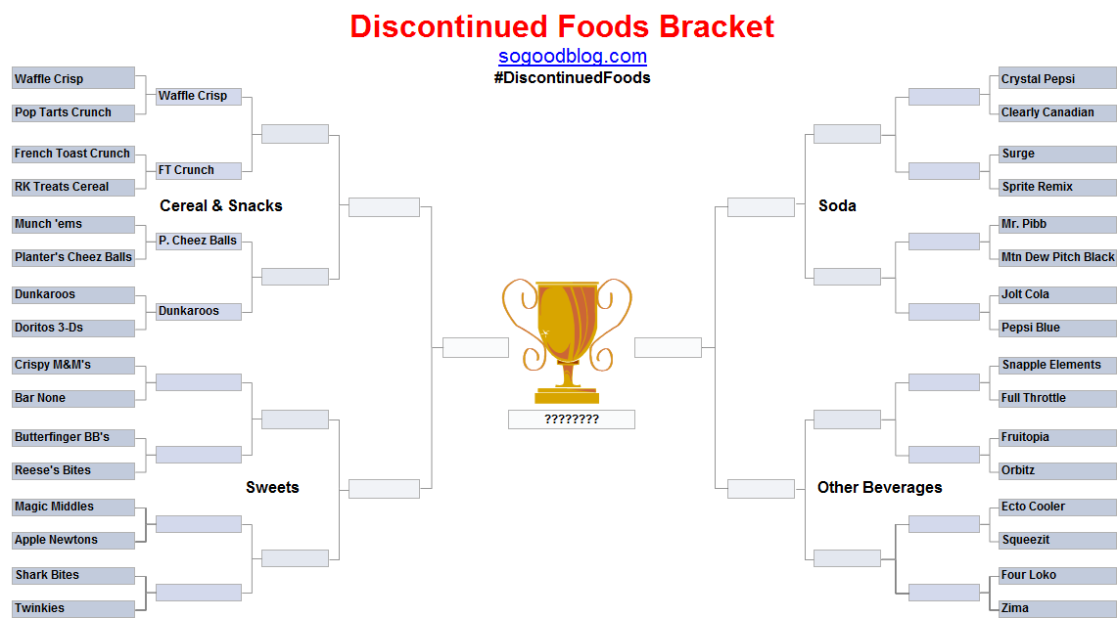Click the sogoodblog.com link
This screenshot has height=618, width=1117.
click(572, 56)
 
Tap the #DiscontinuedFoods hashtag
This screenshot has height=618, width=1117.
click(572, 77)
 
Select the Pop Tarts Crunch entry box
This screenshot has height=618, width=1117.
click(73, 112)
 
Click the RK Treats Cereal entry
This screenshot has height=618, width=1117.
click(73, 187)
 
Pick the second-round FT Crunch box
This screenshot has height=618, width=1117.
click(199, 171)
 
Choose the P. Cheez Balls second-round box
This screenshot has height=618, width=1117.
click(199, 242)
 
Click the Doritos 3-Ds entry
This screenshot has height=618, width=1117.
click(73, 328)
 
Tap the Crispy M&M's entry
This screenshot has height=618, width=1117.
click(73, 365)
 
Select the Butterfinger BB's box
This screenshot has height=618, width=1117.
click(73, 437)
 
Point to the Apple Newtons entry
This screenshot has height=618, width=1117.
click(73, 541)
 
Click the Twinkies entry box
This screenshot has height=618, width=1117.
click(73, 609)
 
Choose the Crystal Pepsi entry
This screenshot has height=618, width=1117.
click(1058, 78)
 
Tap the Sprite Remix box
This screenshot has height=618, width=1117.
click(1058, 187)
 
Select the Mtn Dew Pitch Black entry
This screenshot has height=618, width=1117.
click(1058, 257)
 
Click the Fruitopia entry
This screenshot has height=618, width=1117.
click(1058, 437)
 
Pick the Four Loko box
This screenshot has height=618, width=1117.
click(1058, 575)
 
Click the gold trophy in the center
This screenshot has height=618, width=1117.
click(567, 341)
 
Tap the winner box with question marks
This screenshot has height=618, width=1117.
click(572, 419)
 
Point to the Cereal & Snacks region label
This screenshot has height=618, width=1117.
click(221, 206)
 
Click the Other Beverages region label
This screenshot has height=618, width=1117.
click(880, 488)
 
